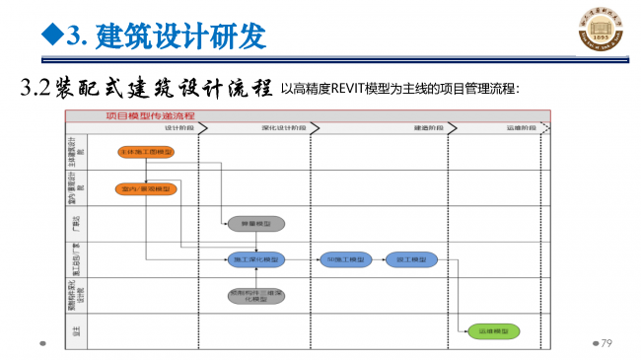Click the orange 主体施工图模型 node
coord(144,153)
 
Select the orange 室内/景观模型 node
coord(144,188)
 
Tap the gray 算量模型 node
coord(254,224)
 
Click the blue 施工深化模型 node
coord(254,259)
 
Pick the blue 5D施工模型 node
coord(344,259)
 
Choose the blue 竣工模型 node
coord(410,259)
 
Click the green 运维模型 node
coord(491,332)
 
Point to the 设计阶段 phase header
coord(178,128)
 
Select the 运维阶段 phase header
coord(522,128)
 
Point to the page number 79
coord(606,342)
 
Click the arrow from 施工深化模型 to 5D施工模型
coord(301,259)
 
